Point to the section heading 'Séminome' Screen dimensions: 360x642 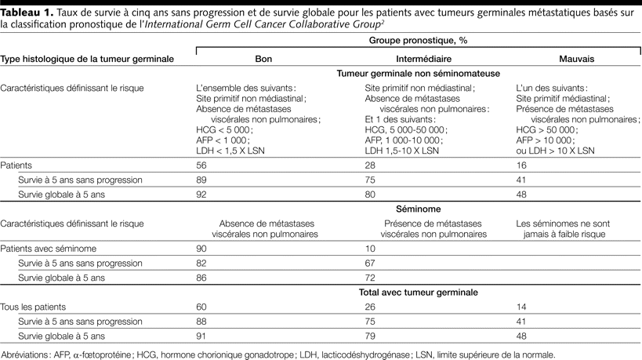point(416,209)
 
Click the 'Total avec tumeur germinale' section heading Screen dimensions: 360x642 point(416,292)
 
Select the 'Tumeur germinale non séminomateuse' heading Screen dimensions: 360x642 point(416,73)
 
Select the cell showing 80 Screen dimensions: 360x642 point(372,194)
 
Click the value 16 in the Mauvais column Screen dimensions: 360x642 point(520,165)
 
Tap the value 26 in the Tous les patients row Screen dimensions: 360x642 point(372,306)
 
